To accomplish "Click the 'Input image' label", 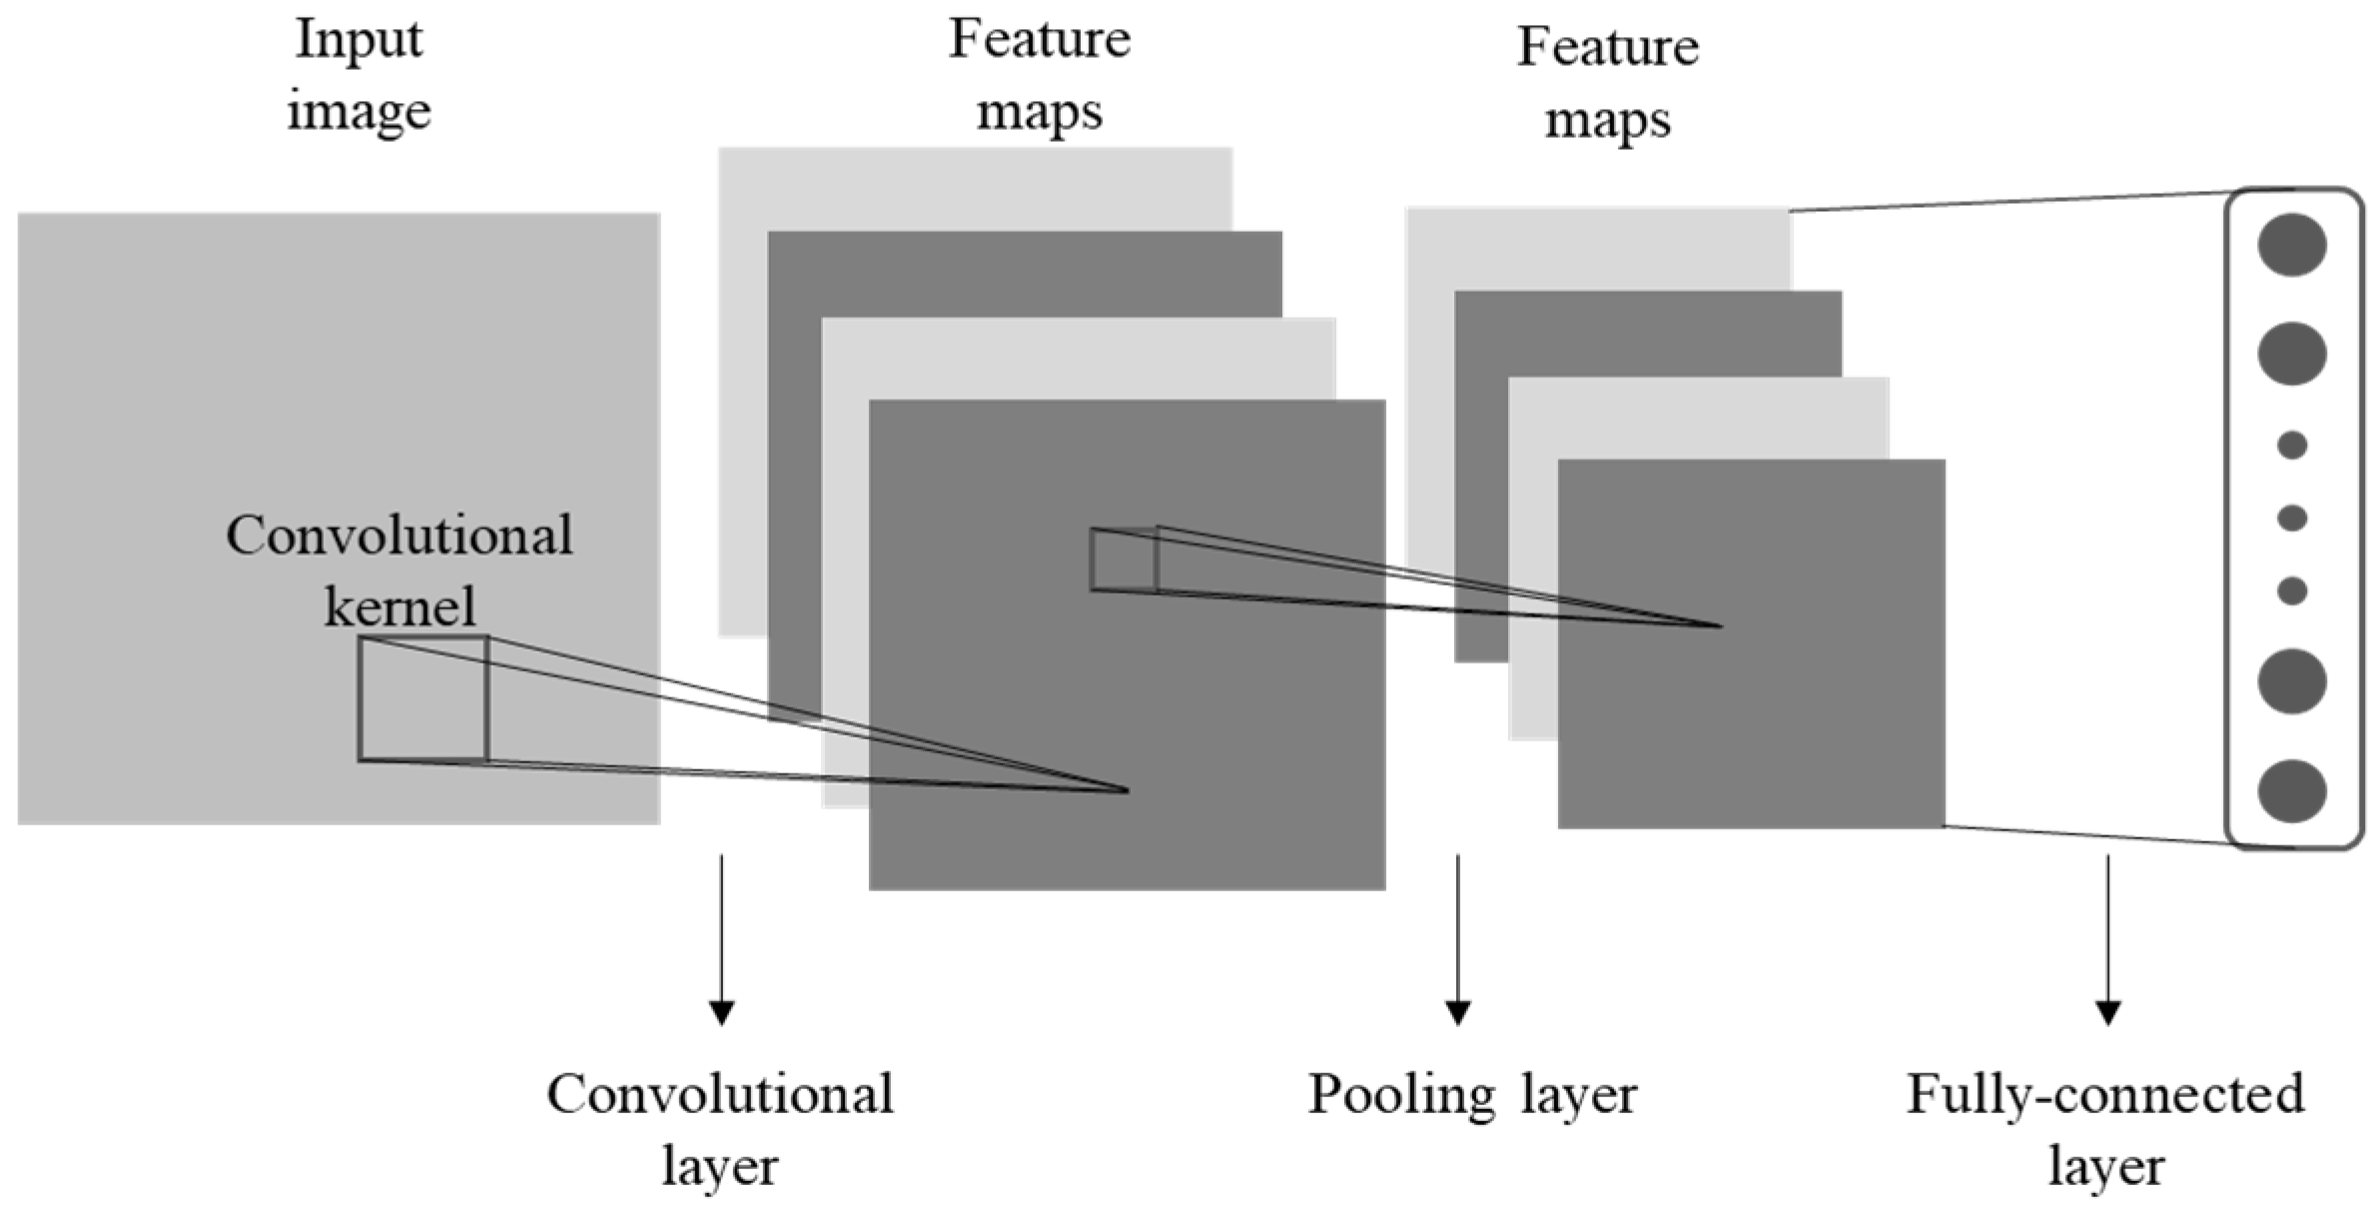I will click(359, 75).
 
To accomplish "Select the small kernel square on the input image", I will click(423, 698).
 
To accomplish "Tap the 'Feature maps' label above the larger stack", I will click(1039, 75).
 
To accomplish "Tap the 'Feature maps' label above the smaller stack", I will click(1608, 83).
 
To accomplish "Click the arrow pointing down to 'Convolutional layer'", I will click(721, 939).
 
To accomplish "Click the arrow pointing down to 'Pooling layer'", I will click(1457, 939).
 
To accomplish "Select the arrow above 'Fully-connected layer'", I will click(2107, 939).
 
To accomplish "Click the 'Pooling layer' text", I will click(1472, 1094).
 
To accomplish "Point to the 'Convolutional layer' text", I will click(720, 1130).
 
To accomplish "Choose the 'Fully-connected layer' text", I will click(2105, 1130).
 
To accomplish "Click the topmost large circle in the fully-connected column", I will click(2292, 245).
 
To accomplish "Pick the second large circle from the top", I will click(2292, 354).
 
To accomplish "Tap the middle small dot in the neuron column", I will click(2292, 518).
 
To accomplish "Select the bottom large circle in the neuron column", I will click(2292, 790).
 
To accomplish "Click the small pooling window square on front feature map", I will click(1124, 560).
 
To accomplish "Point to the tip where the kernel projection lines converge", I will click(1127, 790).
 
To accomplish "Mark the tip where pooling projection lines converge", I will click(1720, 625).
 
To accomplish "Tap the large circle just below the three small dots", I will click(2292, 681).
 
